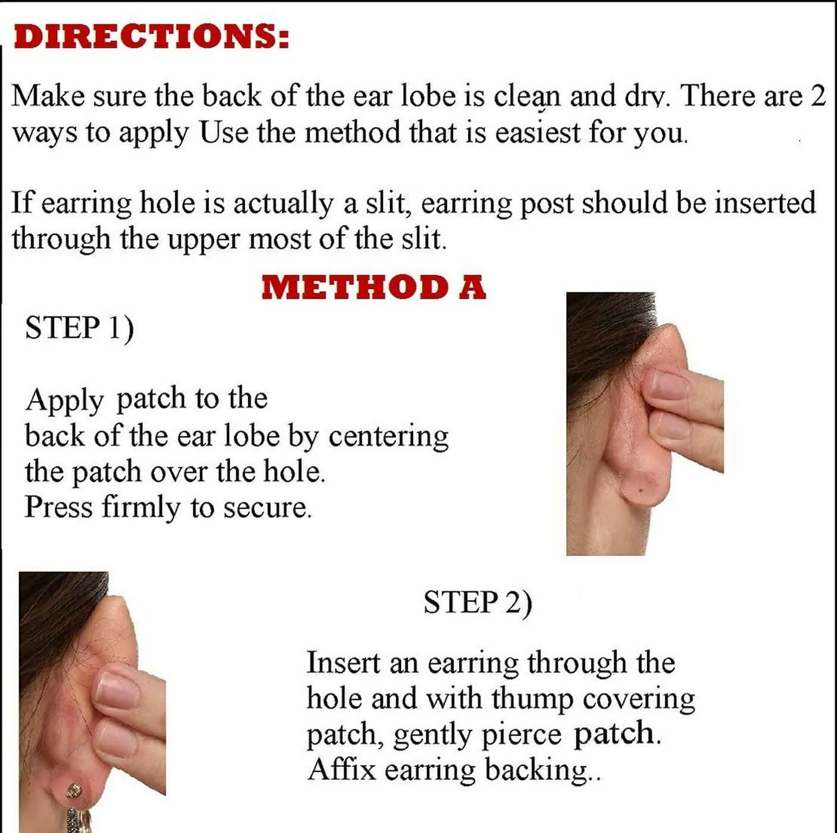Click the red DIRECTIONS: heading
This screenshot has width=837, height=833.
pyautogui.click(x=151, y=36)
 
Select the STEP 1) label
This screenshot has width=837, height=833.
pyautogui.click(x=80, y=328)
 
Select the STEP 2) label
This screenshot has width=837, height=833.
pyautogui.click(x=478, y=602)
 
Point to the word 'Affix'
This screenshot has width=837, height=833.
pyautogui.click(x=341, y=769)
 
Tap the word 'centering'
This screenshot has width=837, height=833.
pyautogui.click(x=388, y=437)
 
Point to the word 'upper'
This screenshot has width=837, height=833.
pyautogui.click(x=204, y=240)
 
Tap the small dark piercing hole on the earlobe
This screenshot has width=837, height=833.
pyautogui.click(x=642, y=490)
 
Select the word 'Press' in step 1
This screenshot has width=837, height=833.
pyautogui.click(x=58, y=507)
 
